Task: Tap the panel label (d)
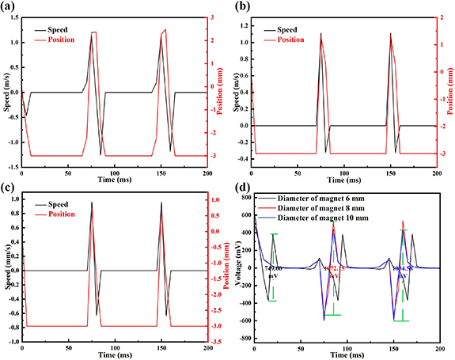click(237, 188)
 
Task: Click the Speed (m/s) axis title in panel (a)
click(6, 92)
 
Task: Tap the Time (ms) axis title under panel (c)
click(116, 355)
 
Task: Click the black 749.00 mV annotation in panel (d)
click(274, 271)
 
